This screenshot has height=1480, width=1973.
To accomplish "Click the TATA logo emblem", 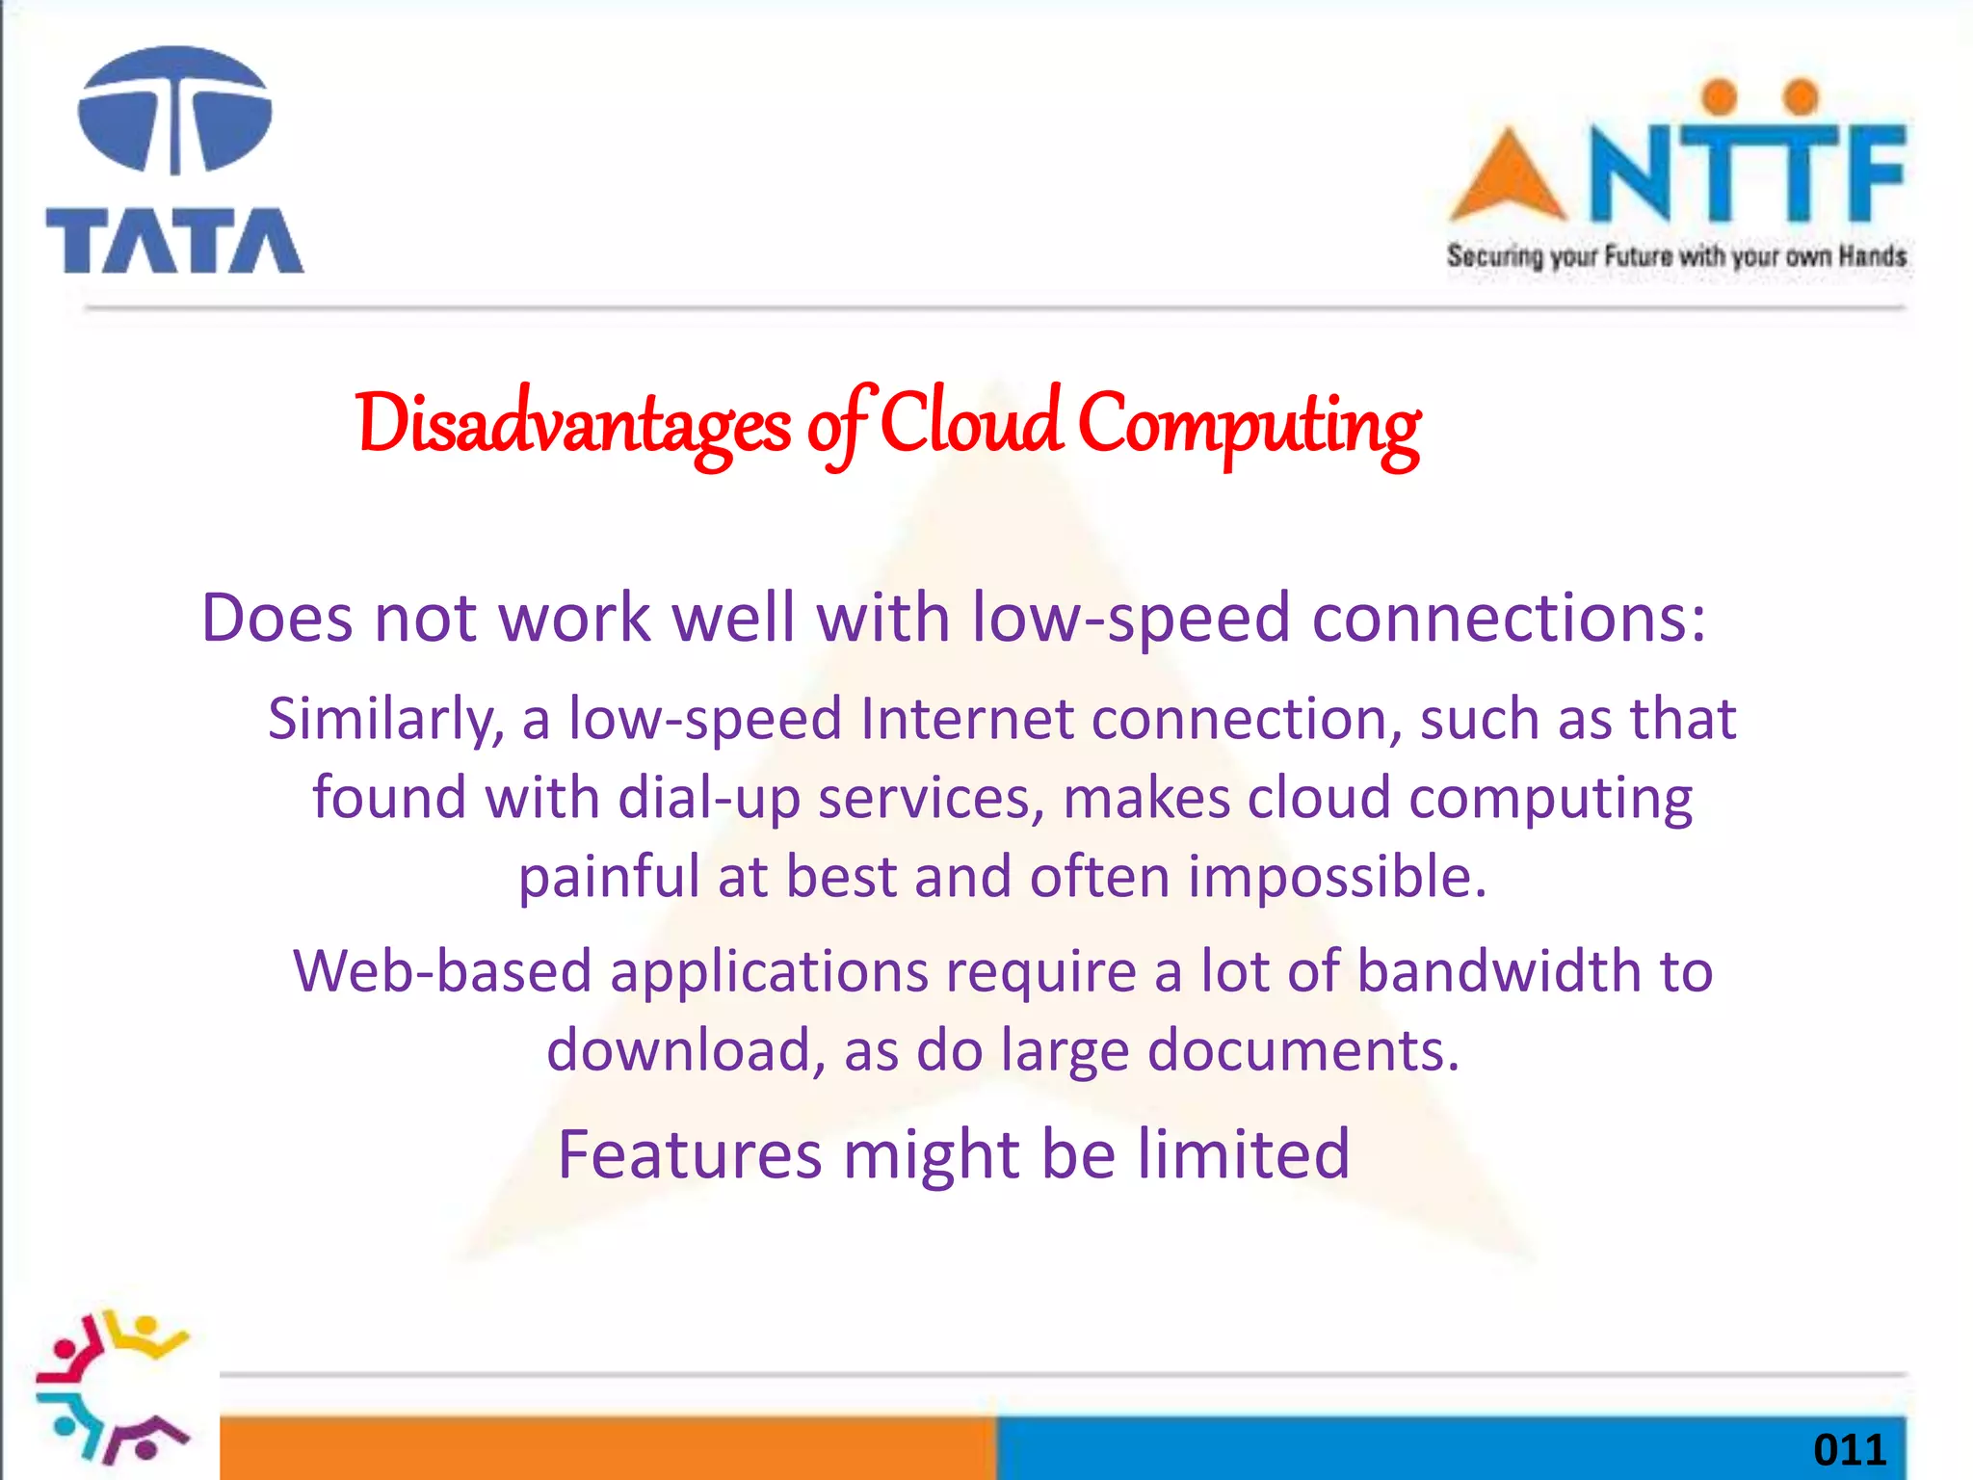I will coord(174,111).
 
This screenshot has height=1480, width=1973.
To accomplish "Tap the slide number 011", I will coord(1849,1450).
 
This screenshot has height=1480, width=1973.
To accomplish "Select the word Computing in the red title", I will coord(1249,425).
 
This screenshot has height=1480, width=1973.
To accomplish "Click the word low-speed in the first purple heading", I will coord(1130,618).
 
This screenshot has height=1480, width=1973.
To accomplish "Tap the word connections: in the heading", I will coord(1509,618).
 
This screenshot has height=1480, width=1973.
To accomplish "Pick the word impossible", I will coord(1337,877).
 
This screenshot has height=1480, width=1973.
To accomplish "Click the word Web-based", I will coord(442,970).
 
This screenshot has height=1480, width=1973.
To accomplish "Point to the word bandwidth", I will coord(1498,970).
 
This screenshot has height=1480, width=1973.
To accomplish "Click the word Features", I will coord(690,1154).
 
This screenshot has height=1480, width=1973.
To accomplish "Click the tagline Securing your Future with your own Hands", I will coord(1676,256).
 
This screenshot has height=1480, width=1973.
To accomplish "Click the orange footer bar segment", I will coord(607,1447).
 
